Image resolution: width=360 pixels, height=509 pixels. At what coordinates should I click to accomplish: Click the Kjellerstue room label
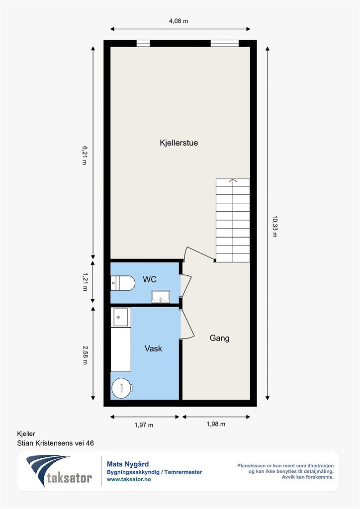[179, 143]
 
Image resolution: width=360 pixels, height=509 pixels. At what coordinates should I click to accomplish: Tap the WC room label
[150, 279]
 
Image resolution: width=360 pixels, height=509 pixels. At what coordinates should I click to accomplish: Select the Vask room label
[153, 348]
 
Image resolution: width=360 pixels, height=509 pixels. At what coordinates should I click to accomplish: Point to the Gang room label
[219, 338]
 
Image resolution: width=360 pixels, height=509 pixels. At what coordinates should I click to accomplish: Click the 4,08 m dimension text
[179, 21]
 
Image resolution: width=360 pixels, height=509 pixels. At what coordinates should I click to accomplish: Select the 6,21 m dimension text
[84, 156]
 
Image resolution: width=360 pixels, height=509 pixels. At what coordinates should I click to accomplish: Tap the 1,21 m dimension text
[85, 281]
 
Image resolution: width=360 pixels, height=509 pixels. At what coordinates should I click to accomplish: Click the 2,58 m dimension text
[85, 355]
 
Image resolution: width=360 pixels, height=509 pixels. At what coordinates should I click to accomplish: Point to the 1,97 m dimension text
[144, 425]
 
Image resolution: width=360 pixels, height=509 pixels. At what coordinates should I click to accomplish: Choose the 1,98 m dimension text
[216, 424]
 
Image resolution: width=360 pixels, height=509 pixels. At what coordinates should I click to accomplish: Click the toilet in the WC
[123, 283]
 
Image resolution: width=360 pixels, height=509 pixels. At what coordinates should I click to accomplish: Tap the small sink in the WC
[161, 297]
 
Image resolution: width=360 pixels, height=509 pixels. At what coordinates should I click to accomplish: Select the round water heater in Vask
[122, 388]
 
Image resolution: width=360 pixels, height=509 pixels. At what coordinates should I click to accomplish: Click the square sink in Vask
[120, 317]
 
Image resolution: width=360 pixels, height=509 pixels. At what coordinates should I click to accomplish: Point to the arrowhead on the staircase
[233, 180]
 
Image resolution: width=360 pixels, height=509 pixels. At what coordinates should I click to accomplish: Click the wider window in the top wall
[225, 43]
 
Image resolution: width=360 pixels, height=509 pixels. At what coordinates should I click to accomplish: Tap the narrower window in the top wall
[143, 43]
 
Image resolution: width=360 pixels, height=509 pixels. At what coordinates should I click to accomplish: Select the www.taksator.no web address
[129, 479]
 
